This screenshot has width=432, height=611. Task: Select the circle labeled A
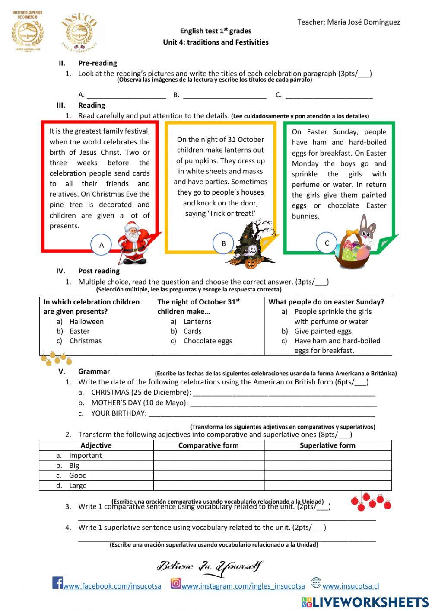click(x=102, y=245)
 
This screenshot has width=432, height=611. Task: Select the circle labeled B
click(x=223, y=243)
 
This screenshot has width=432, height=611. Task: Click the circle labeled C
click(x=327, y=243)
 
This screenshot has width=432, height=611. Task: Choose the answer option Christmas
click(x=85, y=341)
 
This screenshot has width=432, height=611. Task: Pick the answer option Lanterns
click(x=197, y=321)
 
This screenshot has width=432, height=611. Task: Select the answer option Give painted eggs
click(x=323, y=331)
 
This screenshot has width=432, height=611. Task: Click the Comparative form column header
click(x=208, y=445)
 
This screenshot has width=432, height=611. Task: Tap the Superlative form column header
click(x=327, y=445)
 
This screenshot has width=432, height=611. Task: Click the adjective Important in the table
click(x=85, y=455)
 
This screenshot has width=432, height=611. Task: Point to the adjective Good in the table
click(x=78, y=475)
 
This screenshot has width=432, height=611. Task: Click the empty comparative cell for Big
click(x=208, y=465)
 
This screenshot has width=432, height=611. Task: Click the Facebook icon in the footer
click(x=57, y=582)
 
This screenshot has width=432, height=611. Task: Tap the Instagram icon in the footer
click(x=175, y=583)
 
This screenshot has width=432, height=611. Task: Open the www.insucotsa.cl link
click(x=350, y=586)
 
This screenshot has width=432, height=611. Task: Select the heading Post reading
click(x=98, y=271)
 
